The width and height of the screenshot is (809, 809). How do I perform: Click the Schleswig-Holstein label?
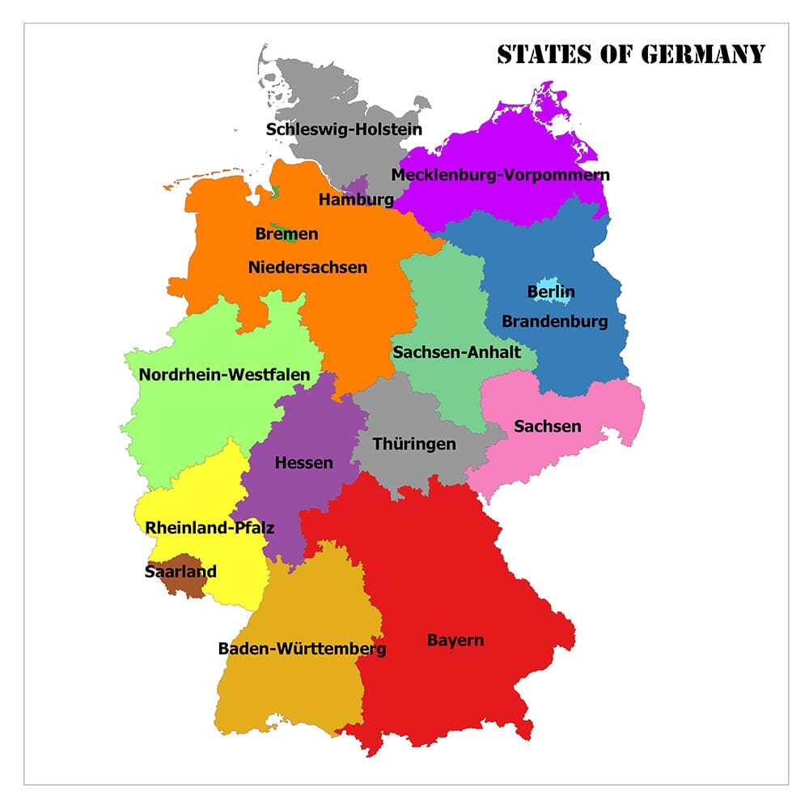344,129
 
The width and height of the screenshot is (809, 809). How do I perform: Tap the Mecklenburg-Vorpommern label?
500,175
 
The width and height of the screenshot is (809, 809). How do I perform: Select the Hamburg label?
356,199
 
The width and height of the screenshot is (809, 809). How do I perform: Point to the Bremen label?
286,234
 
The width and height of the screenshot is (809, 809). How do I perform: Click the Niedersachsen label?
307,266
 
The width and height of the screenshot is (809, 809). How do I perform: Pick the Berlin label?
551,292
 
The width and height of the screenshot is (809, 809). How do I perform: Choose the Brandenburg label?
554,321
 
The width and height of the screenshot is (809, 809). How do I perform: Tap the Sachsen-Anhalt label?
456,352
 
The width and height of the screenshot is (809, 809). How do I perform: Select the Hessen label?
303,463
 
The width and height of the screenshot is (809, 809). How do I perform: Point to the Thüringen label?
414,444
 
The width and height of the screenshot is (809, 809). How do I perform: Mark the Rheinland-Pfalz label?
210,528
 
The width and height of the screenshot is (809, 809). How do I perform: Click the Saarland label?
180,572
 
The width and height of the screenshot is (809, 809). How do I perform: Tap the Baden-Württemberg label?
302,649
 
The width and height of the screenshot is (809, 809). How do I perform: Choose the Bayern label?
455,641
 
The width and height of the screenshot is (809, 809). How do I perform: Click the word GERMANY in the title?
702,54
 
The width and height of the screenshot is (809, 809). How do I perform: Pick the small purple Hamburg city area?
357,185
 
